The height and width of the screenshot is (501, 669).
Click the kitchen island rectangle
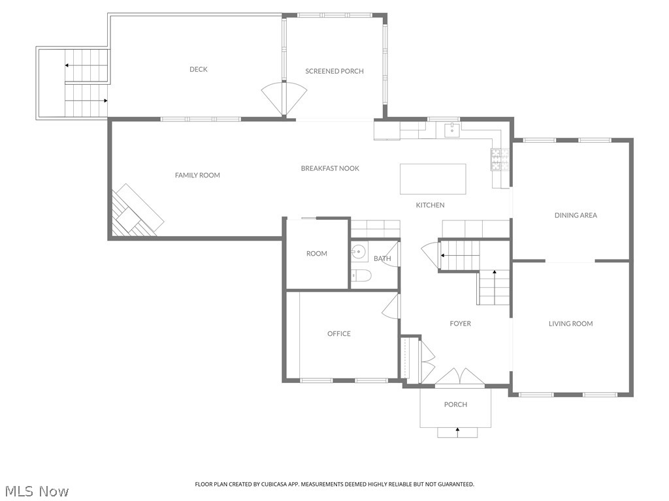(432, 179)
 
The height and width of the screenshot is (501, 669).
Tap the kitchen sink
(451, 130)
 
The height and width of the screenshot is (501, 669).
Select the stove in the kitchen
(500, 160)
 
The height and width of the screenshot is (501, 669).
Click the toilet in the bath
(361, 276)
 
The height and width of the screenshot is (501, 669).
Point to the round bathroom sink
(359, 251)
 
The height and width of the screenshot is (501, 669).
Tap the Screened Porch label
(334, 71)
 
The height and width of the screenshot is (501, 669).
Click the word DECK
(199, 69)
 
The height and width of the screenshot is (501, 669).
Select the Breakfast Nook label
(330, 168)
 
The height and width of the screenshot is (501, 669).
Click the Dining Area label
(576, 215)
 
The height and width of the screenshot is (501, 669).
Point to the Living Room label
(570, 324)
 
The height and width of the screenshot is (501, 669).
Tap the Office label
(339, 333)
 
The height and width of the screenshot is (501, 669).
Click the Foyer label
(460, 324)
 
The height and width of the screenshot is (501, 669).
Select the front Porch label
(455, 404)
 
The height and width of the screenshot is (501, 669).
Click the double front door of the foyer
(460, 378)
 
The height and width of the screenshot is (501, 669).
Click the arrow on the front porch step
(457, 430)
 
